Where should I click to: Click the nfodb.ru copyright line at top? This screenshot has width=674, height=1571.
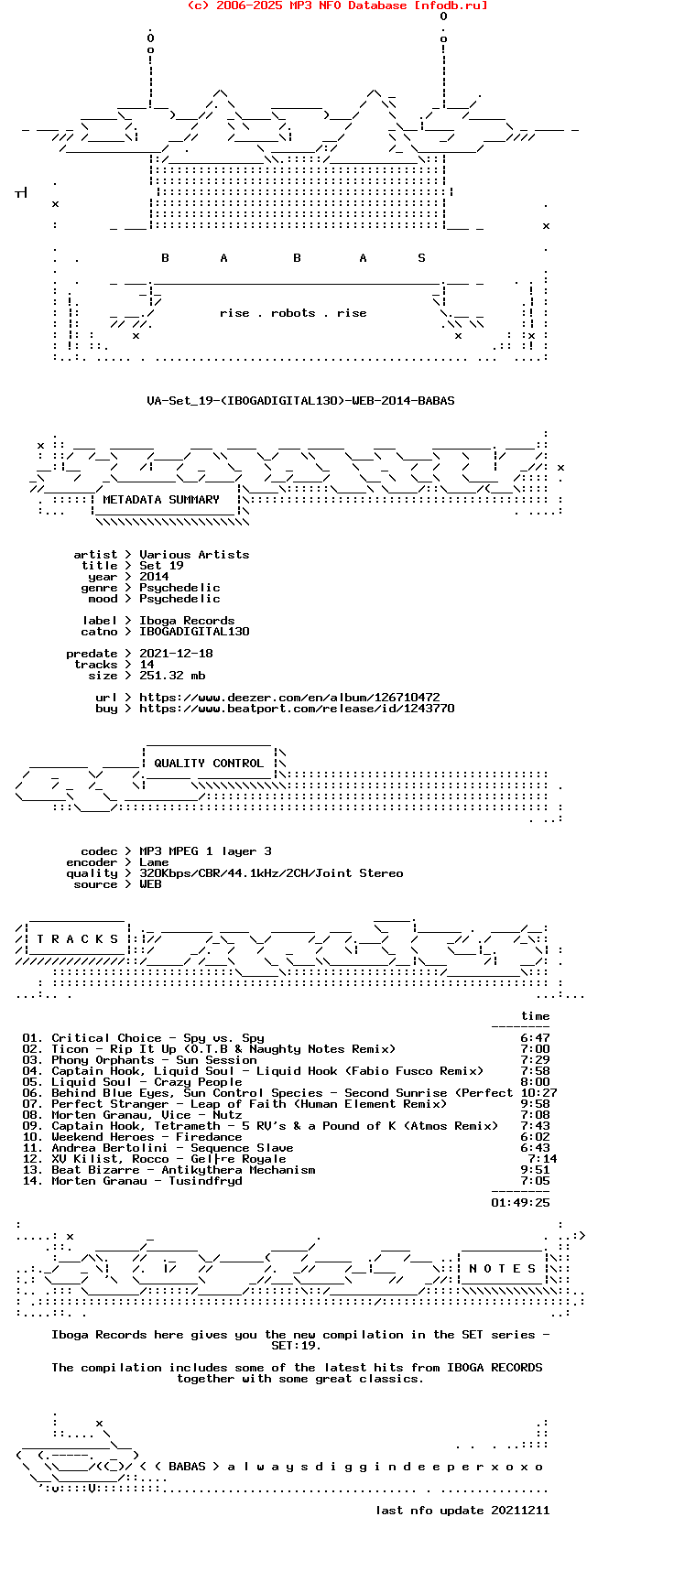click(x=337, y=5)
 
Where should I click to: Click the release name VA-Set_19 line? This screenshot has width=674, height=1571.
click(x=300, y=400)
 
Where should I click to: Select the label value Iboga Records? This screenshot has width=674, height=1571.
click(x=187, y=621)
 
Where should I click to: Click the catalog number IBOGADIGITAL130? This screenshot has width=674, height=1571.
click(x=194, y=632)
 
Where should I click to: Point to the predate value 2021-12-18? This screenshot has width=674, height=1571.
click(x=176, y=654)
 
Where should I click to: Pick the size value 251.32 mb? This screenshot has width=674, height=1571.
click(x=172, y=676)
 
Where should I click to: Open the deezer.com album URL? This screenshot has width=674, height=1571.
click(x=289, y=698)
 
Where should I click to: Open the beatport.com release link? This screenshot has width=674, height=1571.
click(x=297, y=709)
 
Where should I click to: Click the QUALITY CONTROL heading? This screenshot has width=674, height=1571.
click(x=209, y=764)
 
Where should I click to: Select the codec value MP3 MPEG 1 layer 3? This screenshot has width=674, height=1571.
click(x=205, y=851)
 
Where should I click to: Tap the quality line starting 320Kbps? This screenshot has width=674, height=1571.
click(x=271, y=873)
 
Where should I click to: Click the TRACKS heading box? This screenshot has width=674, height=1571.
click(x=77, y=939)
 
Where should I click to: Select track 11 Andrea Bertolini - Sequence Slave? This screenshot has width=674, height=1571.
click(x=172, y=1148)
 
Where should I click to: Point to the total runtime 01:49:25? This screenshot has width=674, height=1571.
click(x=520, y=1203)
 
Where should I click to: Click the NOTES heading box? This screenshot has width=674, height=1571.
click(x=502, y=1269)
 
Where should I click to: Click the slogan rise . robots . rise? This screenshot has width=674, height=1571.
click(x=293, y=313)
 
